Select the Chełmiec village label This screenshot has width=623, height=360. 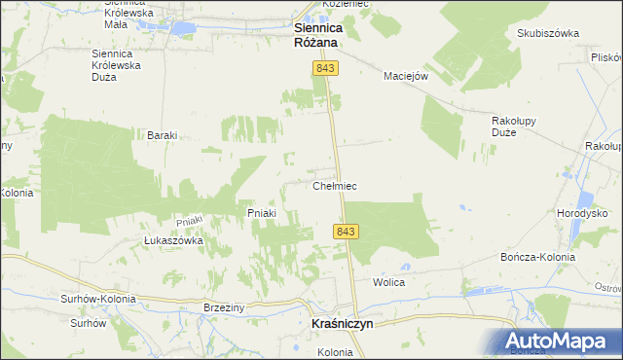click(x=334, y=185)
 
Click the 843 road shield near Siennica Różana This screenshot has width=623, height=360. click(x=325, y=66)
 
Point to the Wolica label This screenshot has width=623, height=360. click(x=388, y=282)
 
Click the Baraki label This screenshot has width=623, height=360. click(x=161, y=135)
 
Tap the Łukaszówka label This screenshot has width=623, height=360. click(x=172, y=240)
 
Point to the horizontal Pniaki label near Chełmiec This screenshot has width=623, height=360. click(x=262, y=213)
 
